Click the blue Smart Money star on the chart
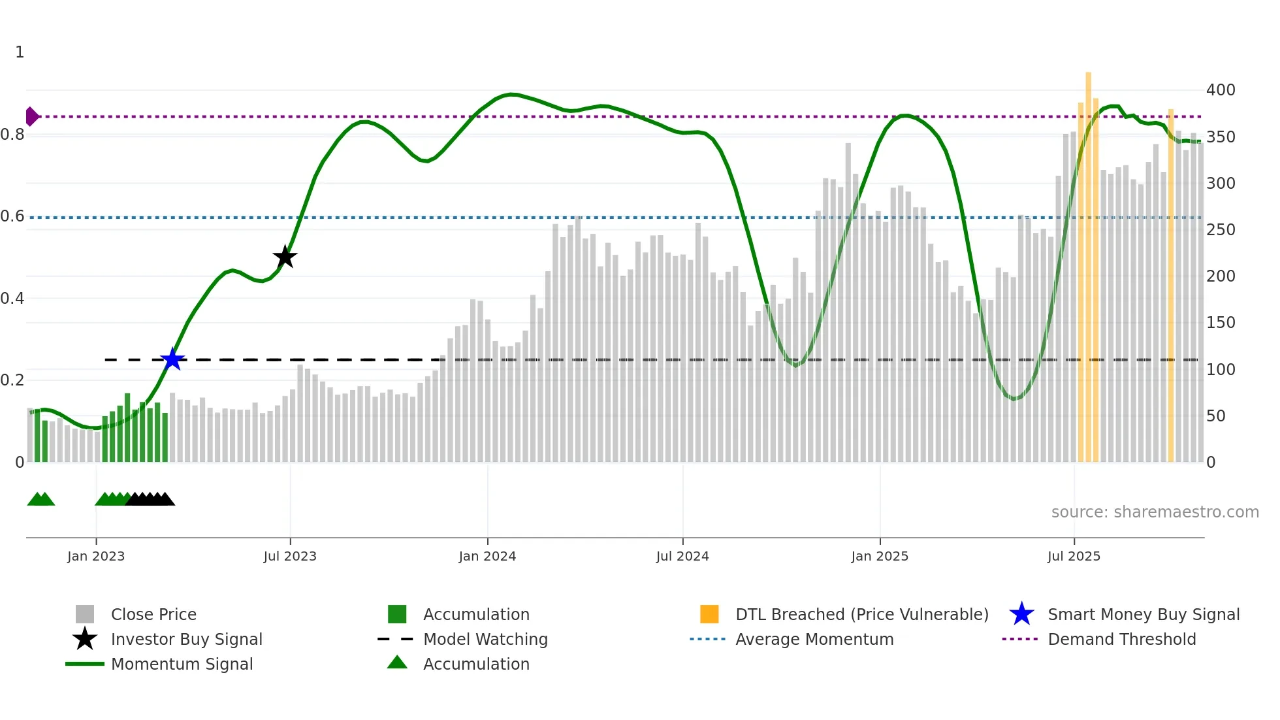coord(172,359)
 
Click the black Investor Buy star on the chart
coord(285,257)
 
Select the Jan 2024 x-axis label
coord(487,556)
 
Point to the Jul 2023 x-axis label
coord(290,556)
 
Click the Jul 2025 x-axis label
coord(1074,556)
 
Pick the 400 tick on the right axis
coord(1220,90)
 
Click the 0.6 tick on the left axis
coord(12,216)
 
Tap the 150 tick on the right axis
coord(1220,323)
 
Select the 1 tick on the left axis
coord(20,52)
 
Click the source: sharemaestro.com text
coord(1155,512)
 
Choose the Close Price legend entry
coord(153,614)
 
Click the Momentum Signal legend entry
coord(182,664)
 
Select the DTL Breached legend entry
coord(861,614)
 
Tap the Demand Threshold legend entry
coord(1121,639)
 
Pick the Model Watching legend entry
coord(485,639)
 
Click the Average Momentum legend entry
coord(814,639)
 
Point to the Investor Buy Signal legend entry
coord(186,639)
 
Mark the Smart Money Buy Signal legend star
coord(1021,614)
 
